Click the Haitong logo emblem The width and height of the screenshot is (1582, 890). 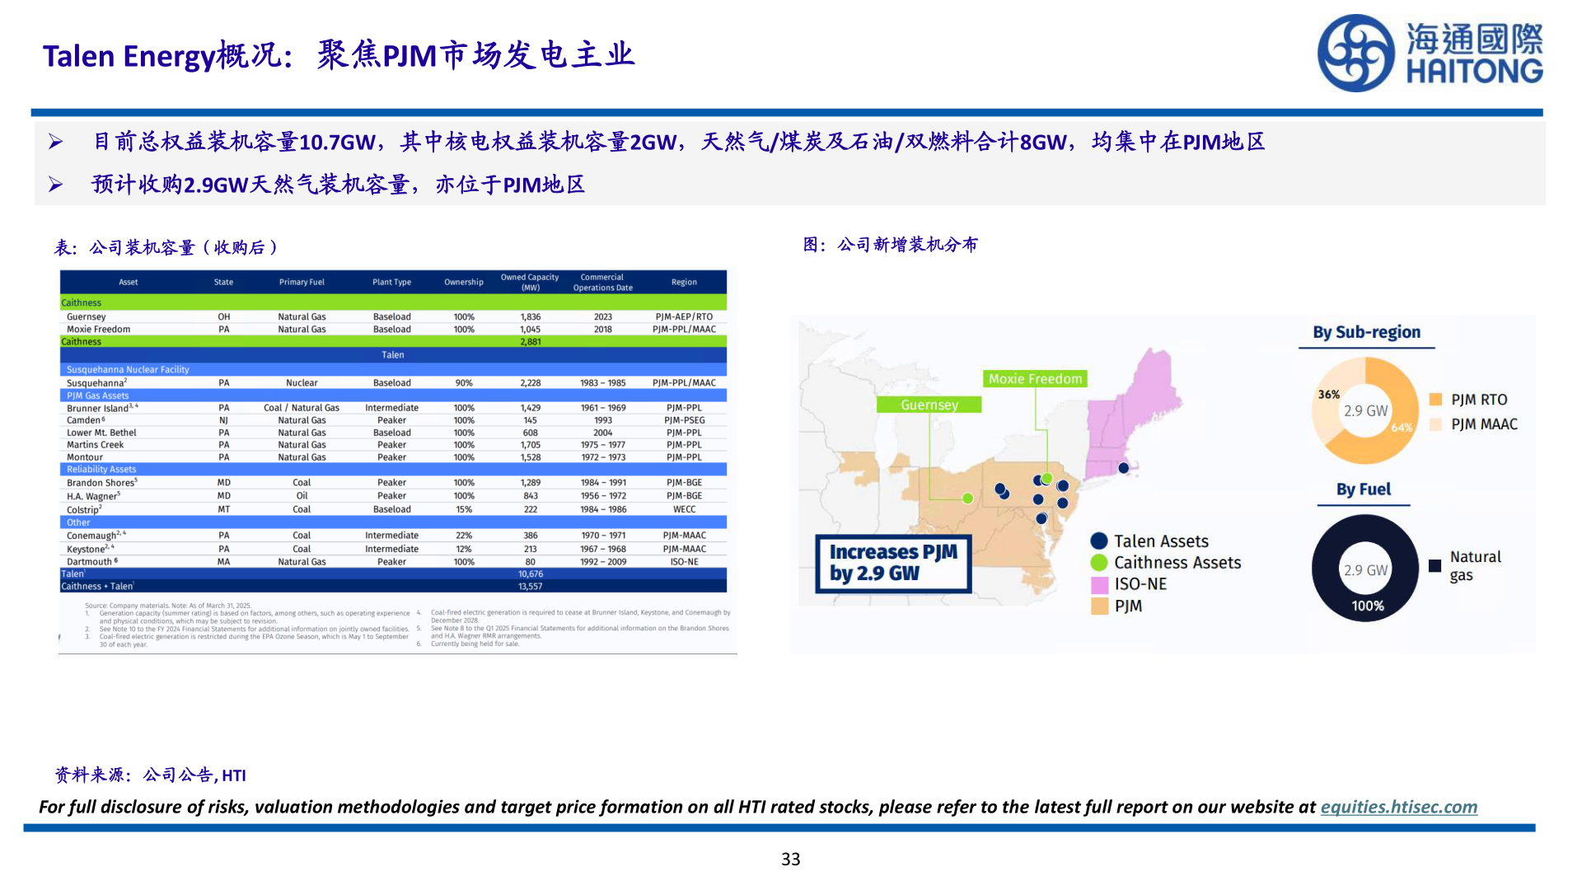(1355, 54)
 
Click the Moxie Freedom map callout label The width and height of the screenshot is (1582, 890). (1035, 379)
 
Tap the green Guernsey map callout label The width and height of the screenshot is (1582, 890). (929, 405)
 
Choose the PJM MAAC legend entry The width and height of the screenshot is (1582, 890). (1474, 424)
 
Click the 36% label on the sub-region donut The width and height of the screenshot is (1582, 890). (1328, 395)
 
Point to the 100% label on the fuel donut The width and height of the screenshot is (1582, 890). (1367, 606)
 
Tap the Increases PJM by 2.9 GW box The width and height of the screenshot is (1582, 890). (893, 563)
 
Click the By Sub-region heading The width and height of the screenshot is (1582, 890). (1366, 332)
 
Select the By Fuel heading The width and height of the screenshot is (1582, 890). (1363, 489)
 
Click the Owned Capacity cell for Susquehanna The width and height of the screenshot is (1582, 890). (530, 383)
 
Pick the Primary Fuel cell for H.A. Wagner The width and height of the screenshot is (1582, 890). (302, 496)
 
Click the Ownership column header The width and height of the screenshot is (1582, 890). (464, 282)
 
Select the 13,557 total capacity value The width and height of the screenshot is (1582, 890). (530, 587)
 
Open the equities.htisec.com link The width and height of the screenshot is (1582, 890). (1398, 807)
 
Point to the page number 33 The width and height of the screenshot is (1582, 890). (790, 860)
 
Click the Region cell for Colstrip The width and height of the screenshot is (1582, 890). (684, 509)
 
